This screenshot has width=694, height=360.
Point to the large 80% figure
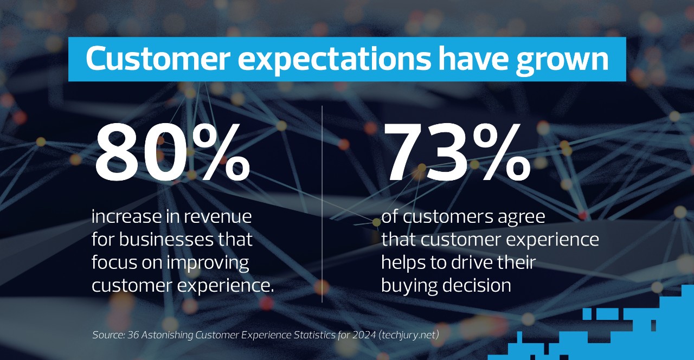tap(172, 153)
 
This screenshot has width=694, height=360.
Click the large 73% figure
tap(458, 153)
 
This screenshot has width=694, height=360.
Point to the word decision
tap(478, 286)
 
